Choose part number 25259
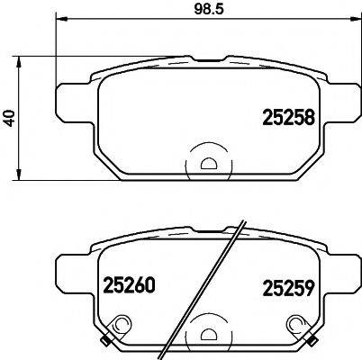pyautogui.click(x=288, y=289)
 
